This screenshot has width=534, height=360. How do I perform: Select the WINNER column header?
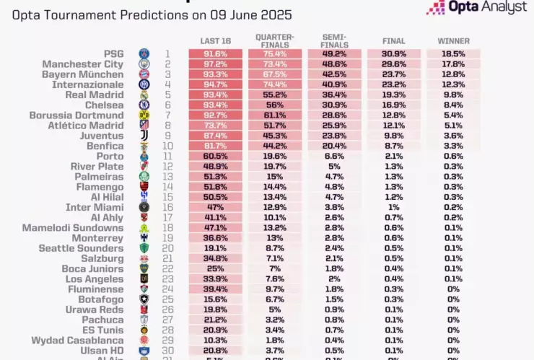[x=453, y=41]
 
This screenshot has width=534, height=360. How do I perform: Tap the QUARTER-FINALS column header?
[x=275, y=40]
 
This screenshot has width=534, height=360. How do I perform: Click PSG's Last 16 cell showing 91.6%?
[x=216, y=53]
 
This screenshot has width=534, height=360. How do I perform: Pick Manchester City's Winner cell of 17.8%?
[x=453, y=63]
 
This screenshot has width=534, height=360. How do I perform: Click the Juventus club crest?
[x=144, y=136]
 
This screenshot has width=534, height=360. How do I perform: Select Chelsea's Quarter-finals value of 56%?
[x=275, y=105]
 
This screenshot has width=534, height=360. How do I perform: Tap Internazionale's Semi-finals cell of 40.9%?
[x=334, y=84]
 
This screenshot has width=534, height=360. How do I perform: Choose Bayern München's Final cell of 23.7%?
[x=394, y=74]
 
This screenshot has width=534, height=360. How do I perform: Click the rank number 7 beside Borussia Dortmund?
[x=167, y=115]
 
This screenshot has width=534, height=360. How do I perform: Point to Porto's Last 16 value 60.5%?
[x=216, y=156]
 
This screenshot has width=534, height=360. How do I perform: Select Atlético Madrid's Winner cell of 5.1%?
[x=453, y=126]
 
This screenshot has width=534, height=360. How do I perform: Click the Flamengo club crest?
[x=144, y=187]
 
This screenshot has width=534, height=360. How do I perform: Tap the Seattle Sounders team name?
[x=81, y=248]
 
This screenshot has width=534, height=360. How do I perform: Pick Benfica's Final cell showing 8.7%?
[x=394, y=146]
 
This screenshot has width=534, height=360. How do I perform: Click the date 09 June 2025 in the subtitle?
[x=212, y=14]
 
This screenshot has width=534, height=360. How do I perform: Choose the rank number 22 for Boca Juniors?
[x=167, y=268]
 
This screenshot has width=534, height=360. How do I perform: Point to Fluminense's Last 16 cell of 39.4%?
[x=216, y=289]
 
